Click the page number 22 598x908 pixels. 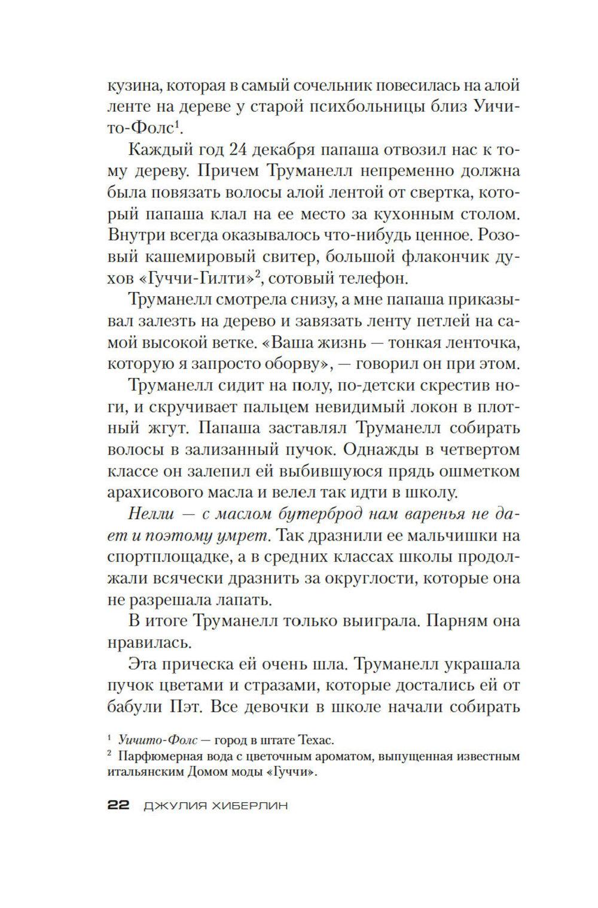118,806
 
